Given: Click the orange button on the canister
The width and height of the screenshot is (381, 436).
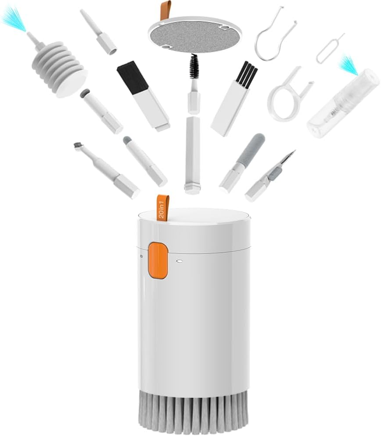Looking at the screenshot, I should pyautogui.click(x=158, y=261).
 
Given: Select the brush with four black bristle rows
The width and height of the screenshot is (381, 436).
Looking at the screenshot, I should pyautogui.click(x=246, y=73).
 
